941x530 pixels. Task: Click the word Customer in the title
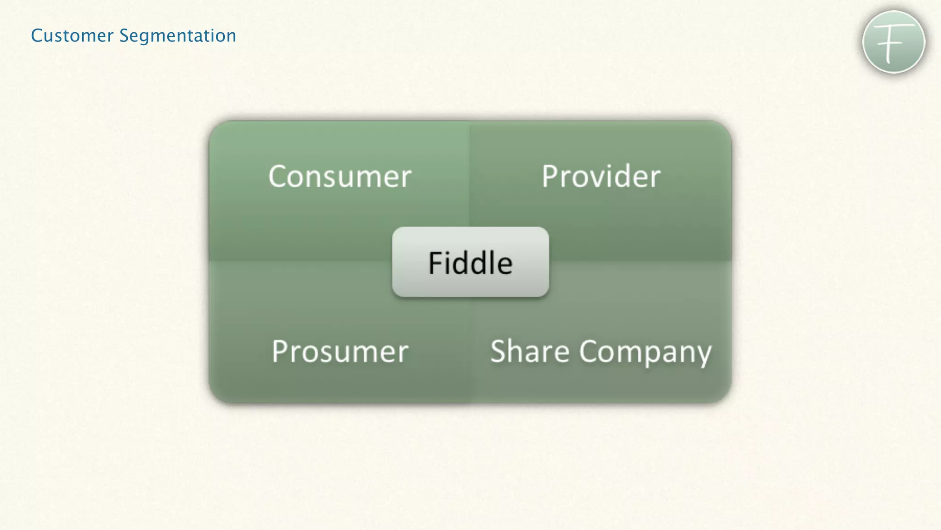[x=72, y=36]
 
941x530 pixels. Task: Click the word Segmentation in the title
[x=178, y=36]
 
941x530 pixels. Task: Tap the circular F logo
[x=893, y=42]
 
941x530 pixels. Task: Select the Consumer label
[x=340, y=176]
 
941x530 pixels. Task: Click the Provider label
[x=601, y=176]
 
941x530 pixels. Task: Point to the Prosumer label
[x=340, y=351]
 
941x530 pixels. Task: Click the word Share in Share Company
[x=530, y=351]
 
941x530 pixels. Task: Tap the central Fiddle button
[x=470, y=262]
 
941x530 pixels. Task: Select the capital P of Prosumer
[x=280, y=351]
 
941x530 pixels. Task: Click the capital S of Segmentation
[x=125, y=36]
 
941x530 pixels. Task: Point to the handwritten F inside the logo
[x=892, y=43]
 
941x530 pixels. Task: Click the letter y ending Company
[x=703, y=354]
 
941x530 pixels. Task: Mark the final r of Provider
[x=655, y=178]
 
